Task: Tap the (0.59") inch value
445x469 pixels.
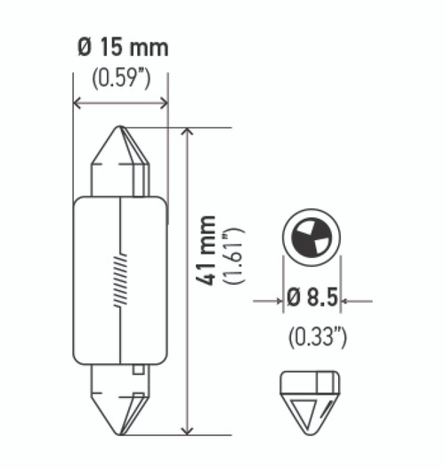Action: pyautogui.click(x=120, y=77)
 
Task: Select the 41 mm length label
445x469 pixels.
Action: pyautogui.click(x=206, y=250)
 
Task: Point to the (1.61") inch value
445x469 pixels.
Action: pyautogui.click(x=235, y=255)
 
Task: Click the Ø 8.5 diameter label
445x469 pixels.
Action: pyautogui.click(x=311, y=300)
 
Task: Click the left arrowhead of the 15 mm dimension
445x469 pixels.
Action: pyautogui.click(x=77, y=104)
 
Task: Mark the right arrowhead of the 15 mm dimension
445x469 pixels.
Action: pyautogui.click(x=162, y=104)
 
